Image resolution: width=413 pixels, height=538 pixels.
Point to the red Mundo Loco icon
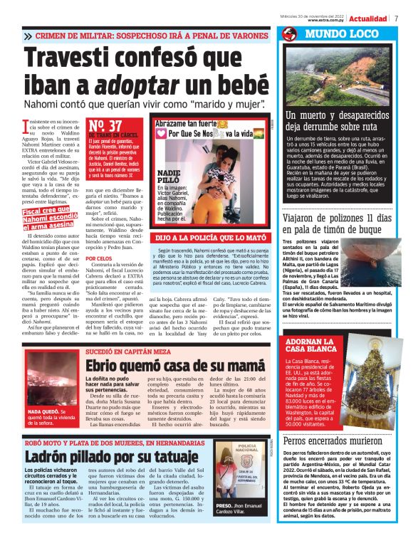click(x=288, y=33)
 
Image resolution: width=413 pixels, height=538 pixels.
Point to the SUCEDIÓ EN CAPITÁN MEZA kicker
click(x=127, y=352)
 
